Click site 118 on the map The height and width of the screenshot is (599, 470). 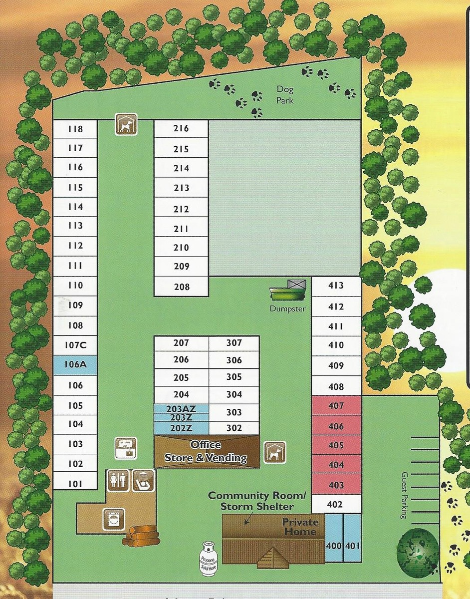[x=75, y=129]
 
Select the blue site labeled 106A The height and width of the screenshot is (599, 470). [x=75, y=364]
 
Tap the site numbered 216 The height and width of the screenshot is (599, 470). [x=181, y=128]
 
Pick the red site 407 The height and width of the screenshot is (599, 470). [x=336, y=406]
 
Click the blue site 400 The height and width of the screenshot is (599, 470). [x=334, y=546]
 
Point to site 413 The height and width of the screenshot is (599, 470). [x=336, y=286]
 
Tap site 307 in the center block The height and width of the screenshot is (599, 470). [x=234, y=343]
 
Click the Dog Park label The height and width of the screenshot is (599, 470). [x=285, y=95]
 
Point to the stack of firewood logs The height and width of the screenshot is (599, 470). [x=141, y=535]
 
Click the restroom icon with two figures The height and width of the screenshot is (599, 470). [x=116, y=481]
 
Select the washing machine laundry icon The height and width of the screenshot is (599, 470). [x=113, y=518]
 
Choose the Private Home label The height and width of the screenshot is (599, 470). [x=300, y=527]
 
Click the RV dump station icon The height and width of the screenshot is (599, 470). [x=126, y=448]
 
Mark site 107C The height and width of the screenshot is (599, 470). [x=75, y=345]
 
